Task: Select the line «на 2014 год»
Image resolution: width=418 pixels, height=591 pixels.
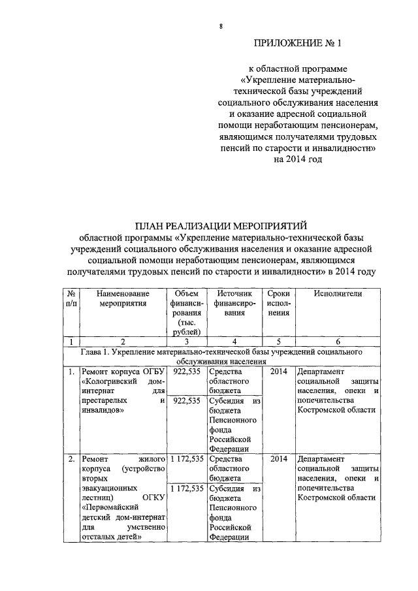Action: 298,159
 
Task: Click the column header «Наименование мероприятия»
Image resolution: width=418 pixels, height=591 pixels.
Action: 123,298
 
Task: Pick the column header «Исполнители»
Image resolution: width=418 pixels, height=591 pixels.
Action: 337,294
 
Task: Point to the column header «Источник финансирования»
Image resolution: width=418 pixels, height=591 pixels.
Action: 232,304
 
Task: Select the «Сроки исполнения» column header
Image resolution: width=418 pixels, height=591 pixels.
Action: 279,304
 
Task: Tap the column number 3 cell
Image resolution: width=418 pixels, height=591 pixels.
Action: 185,340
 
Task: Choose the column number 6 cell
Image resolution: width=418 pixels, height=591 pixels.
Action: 337,340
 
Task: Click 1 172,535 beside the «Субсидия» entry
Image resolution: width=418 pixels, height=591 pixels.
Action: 186,488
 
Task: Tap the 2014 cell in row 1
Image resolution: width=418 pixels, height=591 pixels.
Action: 279,371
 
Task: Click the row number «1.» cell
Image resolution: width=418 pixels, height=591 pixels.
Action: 71,371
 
